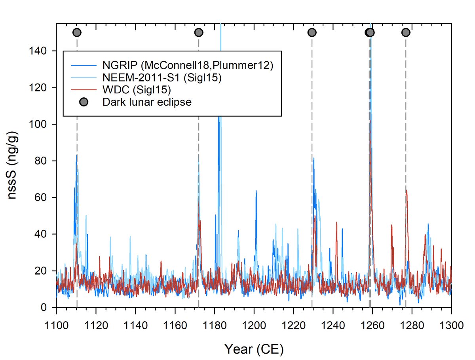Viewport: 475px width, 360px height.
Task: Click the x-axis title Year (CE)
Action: [254, 349]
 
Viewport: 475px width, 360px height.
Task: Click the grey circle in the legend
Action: [84, 102]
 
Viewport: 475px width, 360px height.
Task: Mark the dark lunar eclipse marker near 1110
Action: [77, 32]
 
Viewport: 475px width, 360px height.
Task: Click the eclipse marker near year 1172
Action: [199, 32]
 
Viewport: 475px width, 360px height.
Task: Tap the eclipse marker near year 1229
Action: [312, 32]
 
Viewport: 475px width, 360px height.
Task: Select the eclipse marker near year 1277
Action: [406, 32]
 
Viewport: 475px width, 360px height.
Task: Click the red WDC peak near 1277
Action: [406, 191]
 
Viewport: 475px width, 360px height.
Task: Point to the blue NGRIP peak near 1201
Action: [256, 191]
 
